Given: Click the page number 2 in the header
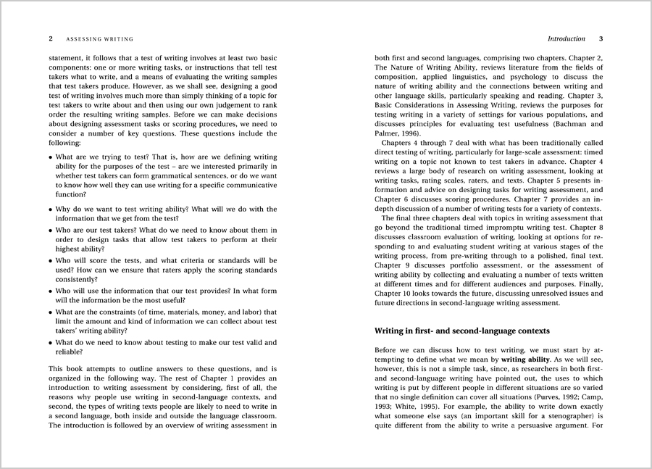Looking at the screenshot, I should click(x=51, y=38).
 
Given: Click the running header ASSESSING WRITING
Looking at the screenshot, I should click(x=100, y=38).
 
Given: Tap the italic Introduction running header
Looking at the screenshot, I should click(x=567, y=38).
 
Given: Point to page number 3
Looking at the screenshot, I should click(x=601, y=38).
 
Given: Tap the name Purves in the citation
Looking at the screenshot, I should click(x=541, y=397).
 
